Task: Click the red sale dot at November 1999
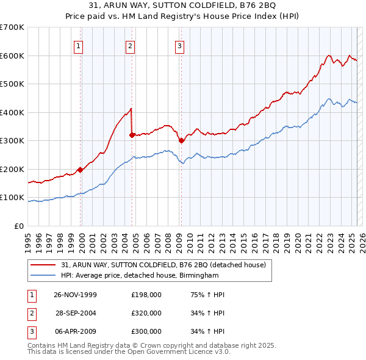pos(81,170)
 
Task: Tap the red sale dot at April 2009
pos(181,140)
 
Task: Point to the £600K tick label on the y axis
pos(12,56)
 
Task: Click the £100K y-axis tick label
pos(12,198)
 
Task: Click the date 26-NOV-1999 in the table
pos(76,295)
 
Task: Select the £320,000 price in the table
pos(146,313)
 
